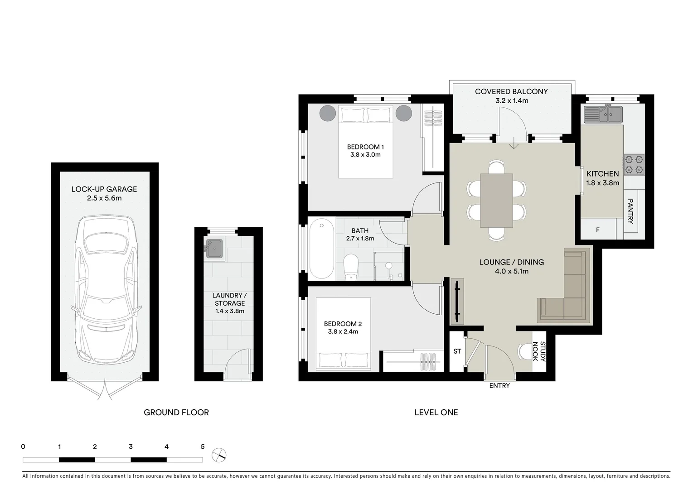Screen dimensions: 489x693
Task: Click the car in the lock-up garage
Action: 105,290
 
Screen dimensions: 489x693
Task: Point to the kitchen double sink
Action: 603,114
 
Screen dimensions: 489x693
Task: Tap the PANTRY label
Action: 630,211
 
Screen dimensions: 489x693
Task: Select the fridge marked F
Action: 598,230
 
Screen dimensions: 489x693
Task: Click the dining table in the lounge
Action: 496,200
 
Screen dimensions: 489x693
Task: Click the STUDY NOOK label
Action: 538,351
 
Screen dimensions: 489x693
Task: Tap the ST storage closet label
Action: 457,351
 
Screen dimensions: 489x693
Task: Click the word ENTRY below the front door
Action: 499,386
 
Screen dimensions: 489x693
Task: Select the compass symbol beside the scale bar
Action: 219,454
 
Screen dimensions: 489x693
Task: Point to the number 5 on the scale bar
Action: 203,446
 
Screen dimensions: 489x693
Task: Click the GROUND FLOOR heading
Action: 176,412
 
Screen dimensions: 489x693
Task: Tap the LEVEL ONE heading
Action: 436,412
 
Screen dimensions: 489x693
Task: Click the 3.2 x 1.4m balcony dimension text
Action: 511,101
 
